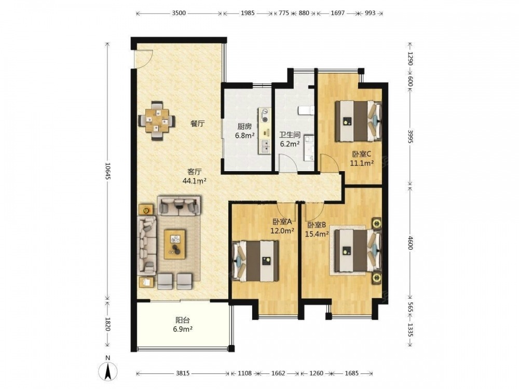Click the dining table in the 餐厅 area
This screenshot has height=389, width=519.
157,120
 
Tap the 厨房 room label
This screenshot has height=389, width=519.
244,127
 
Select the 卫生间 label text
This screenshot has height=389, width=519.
290,135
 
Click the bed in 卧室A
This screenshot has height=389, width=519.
255,261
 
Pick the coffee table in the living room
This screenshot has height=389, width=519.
175,244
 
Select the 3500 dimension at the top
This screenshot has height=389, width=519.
179,13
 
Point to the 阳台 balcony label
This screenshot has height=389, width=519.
182,320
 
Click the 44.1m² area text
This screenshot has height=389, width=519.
195,180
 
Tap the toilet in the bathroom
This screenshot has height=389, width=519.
306,110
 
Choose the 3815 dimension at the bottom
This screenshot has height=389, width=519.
183,373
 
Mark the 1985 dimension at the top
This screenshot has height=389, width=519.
248,13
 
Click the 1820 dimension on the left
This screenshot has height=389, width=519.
107,324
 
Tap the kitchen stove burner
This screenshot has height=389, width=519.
265,115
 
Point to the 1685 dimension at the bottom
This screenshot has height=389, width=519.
351,373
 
